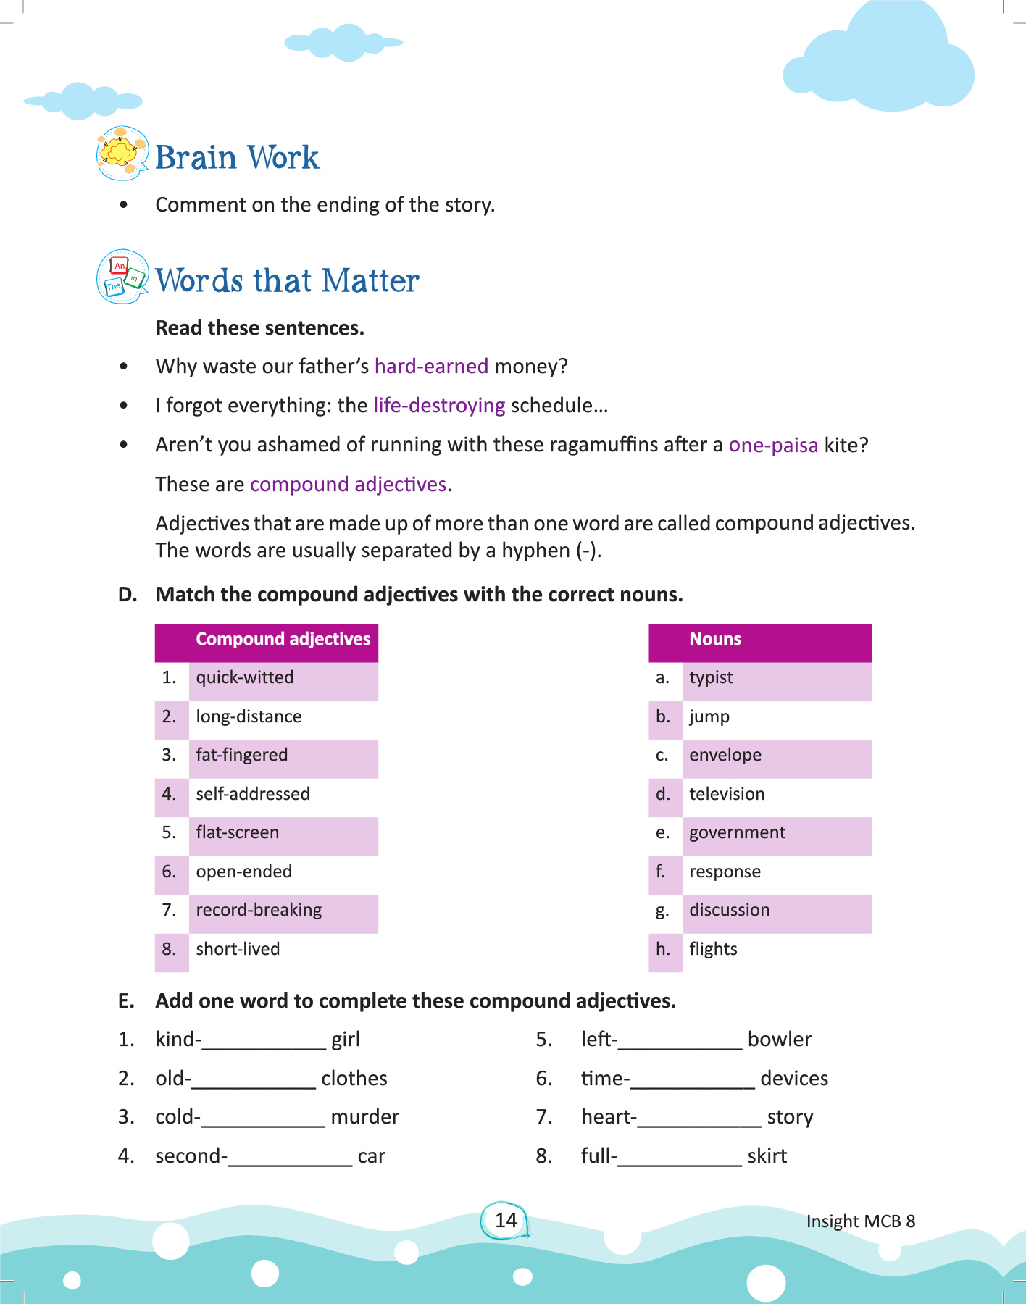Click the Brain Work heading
tap(237, 157)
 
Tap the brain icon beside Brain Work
tap(122, 153)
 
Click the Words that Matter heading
tap(287, 280)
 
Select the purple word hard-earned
tap(431, 366)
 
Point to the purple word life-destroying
tap(439, 405)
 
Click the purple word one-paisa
tap(773, 444)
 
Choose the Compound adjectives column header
tap(283, 639)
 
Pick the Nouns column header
tap(715, 639)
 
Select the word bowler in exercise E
tap(780, 1040)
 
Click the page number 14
tap(506, 1220)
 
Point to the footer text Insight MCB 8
tap(861, 1221)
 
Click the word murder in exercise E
tap(364, 1117)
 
